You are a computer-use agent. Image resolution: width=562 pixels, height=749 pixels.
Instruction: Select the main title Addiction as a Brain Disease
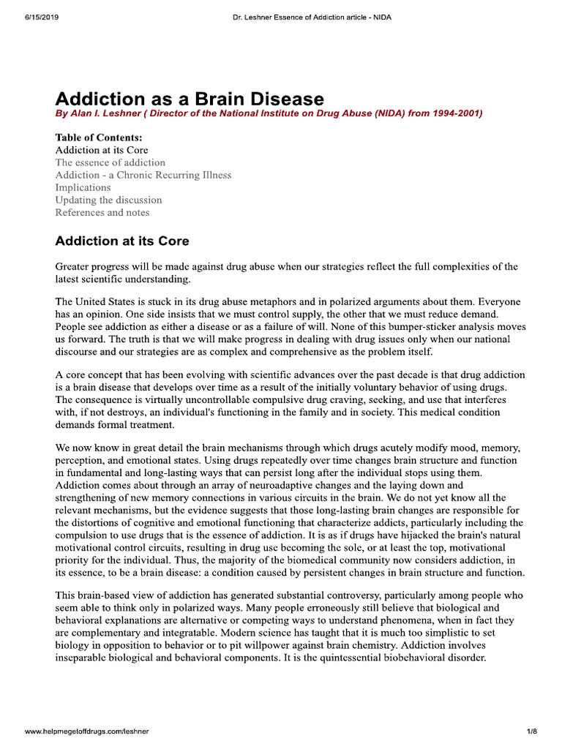click(190, 99)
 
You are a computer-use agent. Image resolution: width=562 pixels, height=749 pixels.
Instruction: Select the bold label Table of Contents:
click(99, 138)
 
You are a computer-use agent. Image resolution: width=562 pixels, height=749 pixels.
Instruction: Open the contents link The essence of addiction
click(110, 162)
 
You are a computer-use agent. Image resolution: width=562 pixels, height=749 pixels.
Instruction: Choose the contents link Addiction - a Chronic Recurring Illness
click(143, 175)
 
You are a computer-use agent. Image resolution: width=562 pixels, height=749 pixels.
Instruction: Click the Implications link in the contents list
click(83, 187)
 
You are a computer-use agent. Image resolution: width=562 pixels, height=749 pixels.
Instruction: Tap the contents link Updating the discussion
click(108, 200)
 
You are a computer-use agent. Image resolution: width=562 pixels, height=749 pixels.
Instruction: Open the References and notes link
click(102, 212)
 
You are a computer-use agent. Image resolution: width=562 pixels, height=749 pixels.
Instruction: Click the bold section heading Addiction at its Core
click(122, 241)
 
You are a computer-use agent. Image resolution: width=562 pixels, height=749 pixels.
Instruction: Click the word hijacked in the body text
click(432, 535)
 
